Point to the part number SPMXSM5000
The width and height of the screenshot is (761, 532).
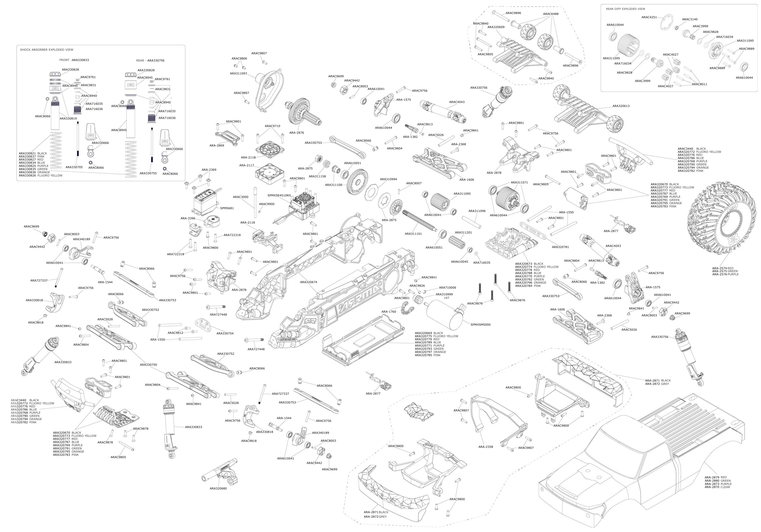[480, 325]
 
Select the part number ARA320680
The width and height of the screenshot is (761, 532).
[218, 488]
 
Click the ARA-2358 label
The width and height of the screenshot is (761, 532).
[486, 447]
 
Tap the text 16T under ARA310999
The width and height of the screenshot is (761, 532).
[447, 298]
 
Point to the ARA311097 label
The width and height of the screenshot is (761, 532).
[238, 73]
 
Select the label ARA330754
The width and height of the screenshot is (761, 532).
[225, 333]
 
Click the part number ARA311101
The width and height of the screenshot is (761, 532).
[413, 234]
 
